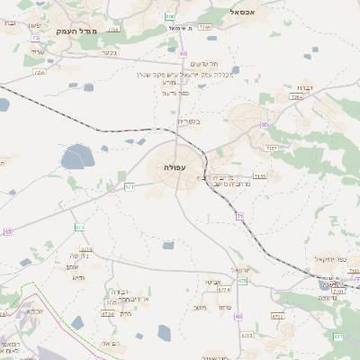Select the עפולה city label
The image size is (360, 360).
(175, 168)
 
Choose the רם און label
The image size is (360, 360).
(111, 344)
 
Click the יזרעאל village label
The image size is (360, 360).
(240, 269)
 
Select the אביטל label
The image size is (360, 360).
(212, 282)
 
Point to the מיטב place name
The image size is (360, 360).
(200, 308)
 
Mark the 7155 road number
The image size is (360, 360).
(259, 176)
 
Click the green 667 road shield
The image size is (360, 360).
(338, 337)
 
